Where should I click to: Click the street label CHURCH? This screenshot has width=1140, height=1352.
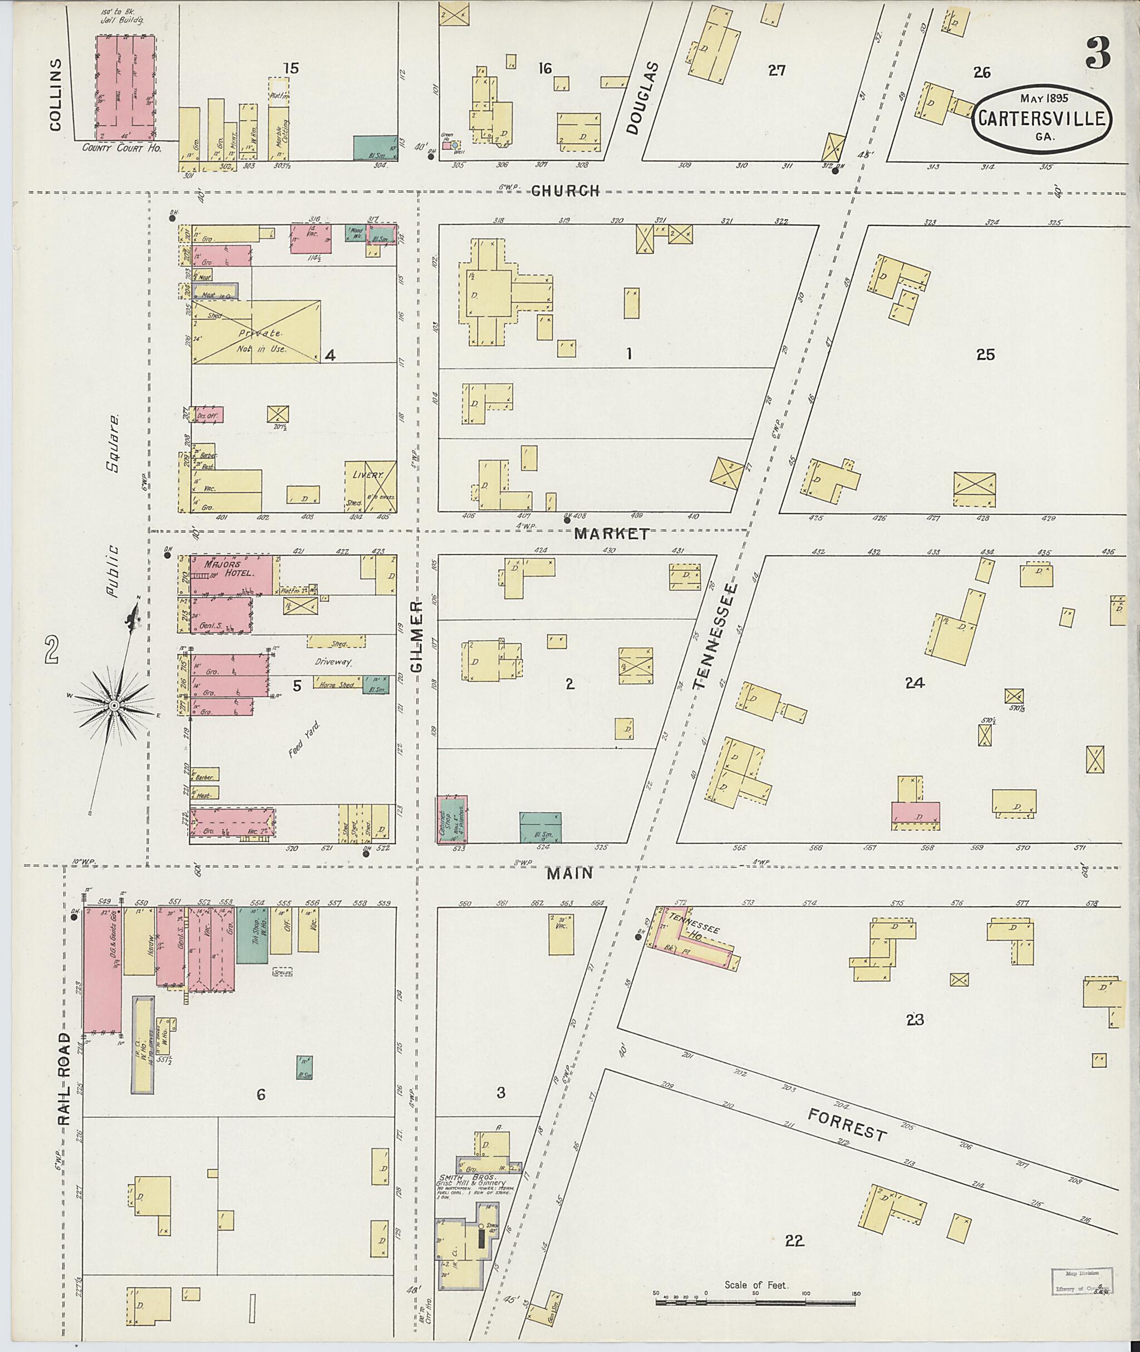(x=566, y=191)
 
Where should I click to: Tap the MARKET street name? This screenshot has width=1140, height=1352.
(x=611, y=534)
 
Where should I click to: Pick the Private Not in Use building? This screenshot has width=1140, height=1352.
(x=255, y=332)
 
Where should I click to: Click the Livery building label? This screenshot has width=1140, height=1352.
(x=368, y=475)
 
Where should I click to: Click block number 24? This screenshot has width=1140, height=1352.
(x=915, y=682)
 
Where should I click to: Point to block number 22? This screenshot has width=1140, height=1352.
(x=794, y=1241)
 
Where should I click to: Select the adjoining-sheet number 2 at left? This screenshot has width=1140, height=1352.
(x=52, y=650)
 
